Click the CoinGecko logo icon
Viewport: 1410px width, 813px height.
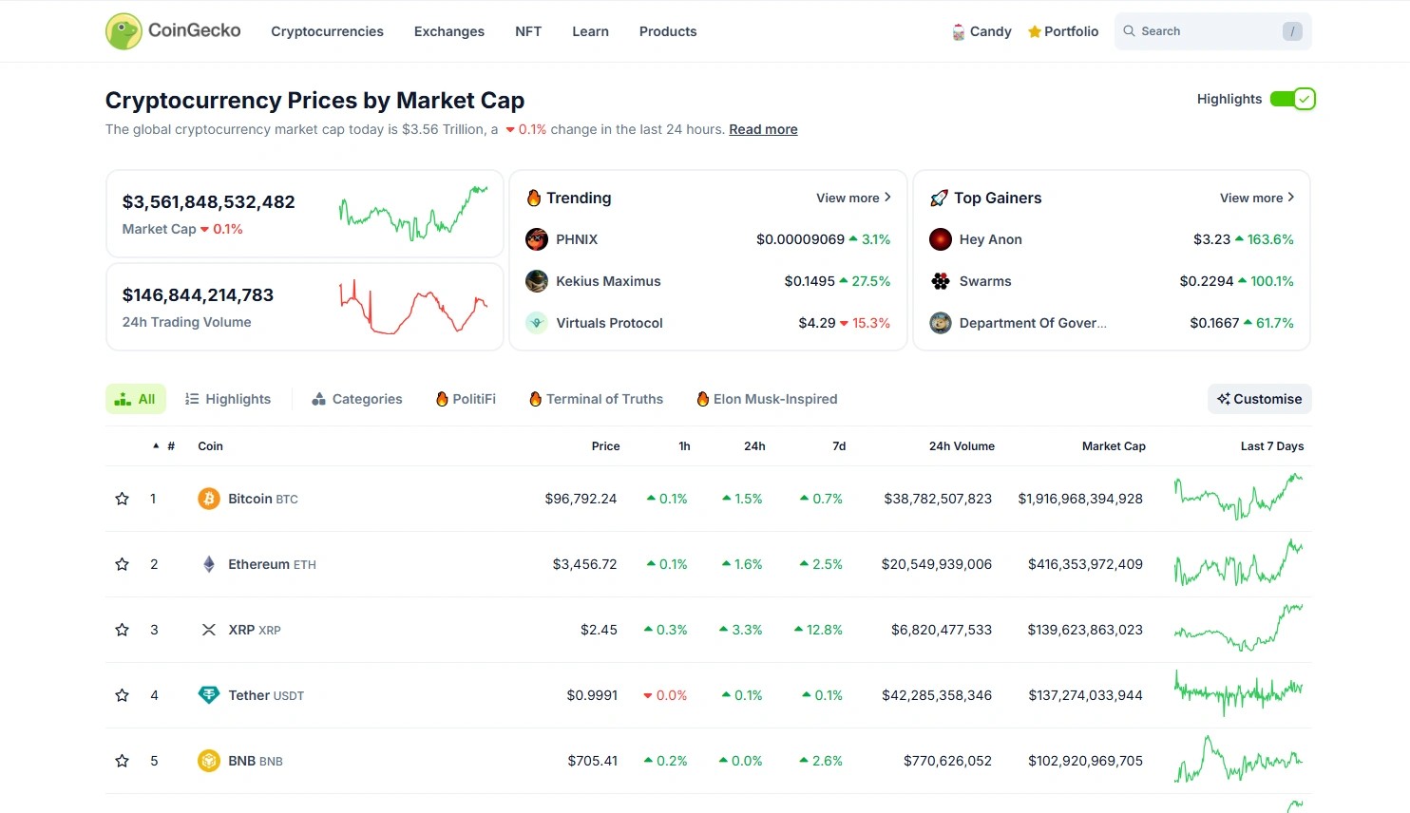pyautogui.click(x=124, y=31)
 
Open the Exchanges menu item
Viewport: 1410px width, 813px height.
pyautogui.click(x=449, y=31)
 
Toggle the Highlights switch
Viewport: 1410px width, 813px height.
pyautogui.click(x=1292, y=99)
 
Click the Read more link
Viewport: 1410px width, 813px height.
pyautogui.click(x=763, y=129)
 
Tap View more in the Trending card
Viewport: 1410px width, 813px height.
pyautogui.click(x=853, y=198)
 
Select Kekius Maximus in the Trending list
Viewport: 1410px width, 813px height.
pyautogui.click(x=608, y=281)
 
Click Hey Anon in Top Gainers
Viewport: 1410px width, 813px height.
pyautogui.click(x=990, y=239)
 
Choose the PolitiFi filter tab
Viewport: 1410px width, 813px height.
pyautogui.click(x=467, y=399)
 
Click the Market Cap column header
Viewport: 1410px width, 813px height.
pyautogui.click(x=1114, y=446)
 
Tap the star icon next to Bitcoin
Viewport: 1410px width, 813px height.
pyautogui.click(x=123, y=499)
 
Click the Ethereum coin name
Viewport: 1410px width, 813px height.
pyautogui.click(x=258, y=564)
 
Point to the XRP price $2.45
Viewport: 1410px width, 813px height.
pyautogui.click(x=599, y=630)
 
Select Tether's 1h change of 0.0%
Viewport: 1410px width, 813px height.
pyautogui.click(x=665, y=695)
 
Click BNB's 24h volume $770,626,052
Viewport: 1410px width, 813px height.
pyautogui.click(x=947, y=761)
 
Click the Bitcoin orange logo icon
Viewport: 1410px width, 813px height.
pyautogui.click(x=209, y=499)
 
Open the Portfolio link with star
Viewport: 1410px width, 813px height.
pyautogui.click(x=1063, y=31)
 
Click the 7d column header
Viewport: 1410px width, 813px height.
pyautogui.click(x=839, y=446)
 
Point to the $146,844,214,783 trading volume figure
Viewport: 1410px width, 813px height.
pyautogui.click(x=198, y=295)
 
